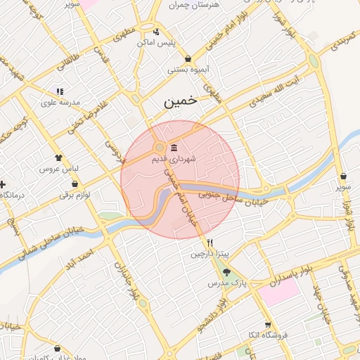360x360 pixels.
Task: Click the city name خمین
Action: click(181, 103)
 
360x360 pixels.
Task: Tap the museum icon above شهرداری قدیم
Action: click(173, 148)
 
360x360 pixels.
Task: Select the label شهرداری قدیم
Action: click(174, 160)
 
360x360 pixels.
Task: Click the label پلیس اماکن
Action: click(155, 44)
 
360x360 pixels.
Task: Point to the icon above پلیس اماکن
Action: click(155, 32)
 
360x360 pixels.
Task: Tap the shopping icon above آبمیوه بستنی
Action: click(188, 59)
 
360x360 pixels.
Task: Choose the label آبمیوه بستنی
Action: click(186, 70)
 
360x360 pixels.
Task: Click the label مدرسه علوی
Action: click(59, 103)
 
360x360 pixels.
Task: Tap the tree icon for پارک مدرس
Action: click(226, 272)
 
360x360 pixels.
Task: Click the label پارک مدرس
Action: click(224, 283)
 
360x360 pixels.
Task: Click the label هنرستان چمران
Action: click(195, 5)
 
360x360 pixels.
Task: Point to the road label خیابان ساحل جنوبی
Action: click(233, 194)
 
